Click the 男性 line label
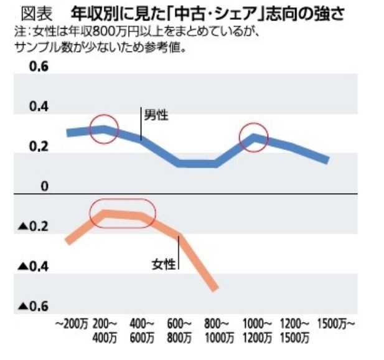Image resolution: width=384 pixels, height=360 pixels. click(156, 115)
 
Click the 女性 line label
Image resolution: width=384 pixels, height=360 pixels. click(164, 263)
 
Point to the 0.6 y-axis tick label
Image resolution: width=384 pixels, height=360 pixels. click(39, 67)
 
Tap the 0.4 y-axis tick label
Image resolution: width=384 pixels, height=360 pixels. click(39, 107)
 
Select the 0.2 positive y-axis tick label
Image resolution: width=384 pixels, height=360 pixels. click(39, 147)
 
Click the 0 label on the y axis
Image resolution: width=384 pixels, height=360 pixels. click(44, 186)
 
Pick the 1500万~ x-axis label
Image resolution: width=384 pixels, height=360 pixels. click(336, 324)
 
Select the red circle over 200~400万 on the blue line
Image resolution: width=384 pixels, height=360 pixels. click(103, 129)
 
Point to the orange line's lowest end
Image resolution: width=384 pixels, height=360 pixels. click(215, 288)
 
